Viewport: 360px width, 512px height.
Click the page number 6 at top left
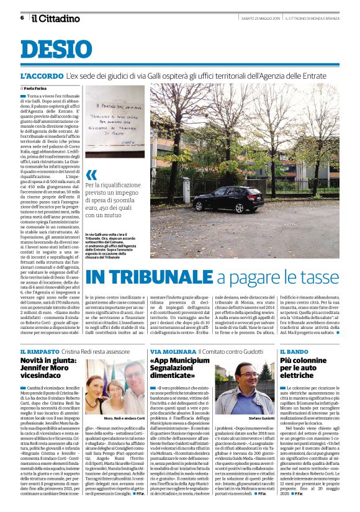(22, 17)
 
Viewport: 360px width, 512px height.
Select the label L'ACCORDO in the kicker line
(41, 76)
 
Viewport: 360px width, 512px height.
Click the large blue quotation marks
(91, 175)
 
